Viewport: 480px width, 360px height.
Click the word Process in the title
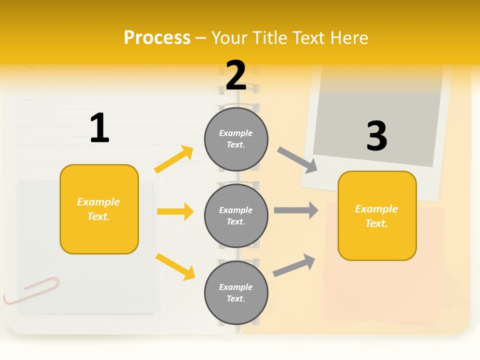pos(157,38)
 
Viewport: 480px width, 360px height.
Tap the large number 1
pos(99,128)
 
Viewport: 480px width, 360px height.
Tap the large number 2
pos(236,75)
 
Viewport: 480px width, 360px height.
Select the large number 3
pos(376,136)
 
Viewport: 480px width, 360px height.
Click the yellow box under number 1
pos(99,209)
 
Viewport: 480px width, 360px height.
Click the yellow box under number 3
pos(377,216)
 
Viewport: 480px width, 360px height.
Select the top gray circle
pos(236,138)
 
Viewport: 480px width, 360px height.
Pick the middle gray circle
pos(236,215)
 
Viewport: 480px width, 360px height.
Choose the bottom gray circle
pos(236,292)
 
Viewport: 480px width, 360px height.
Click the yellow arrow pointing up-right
pos(174,159)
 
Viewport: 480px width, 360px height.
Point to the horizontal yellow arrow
pos(175,211)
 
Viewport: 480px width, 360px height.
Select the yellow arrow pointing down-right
pos(175,266)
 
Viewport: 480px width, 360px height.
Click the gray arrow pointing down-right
pos(297,160)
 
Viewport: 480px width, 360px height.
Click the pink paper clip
pos(31,290)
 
